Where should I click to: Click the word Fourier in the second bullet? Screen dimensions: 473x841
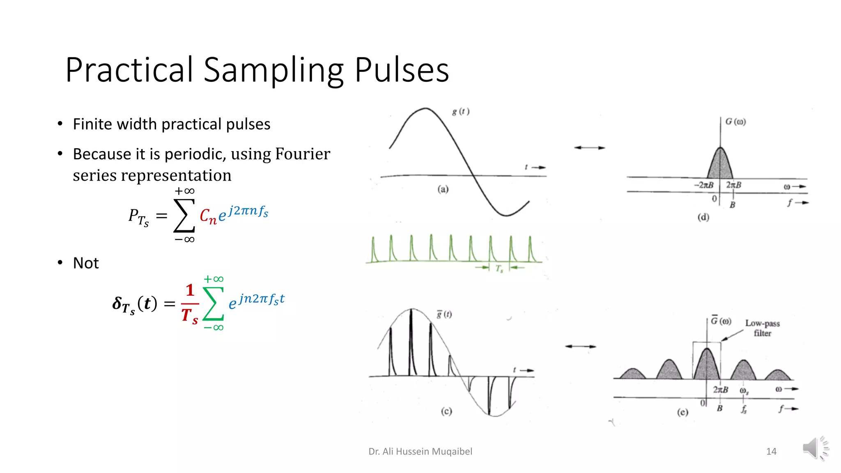click(303, 154)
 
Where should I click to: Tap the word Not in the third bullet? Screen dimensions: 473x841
click(86, 263)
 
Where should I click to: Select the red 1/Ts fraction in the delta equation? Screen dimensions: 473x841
click(190, 304)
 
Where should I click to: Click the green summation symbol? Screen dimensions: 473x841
click(213, 303)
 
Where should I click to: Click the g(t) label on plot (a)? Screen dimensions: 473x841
click(461, 111)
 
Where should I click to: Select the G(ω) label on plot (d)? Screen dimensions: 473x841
click(735, 122)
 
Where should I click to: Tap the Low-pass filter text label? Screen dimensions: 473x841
click(763, 328)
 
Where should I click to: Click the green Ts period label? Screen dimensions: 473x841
click(499, 269)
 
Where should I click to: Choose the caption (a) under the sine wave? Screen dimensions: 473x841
click(443, 189)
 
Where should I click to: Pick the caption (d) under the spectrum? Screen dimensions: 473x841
click(703, 217)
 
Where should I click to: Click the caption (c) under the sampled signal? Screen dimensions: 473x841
click(446, 411)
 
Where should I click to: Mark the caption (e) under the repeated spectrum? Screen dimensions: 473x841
click(682, 412)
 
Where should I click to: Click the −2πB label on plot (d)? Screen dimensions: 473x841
click(704, 185)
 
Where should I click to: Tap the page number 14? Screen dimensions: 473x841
click(771, 452)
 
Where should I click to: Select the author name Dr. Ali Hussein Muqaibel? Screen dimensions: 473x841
click(420, 452)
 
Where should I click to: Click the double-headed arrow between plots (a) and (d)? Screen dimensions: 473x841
click(589, 148)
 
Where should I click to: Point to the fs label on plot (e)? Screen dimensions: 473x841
click(744, 409)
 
